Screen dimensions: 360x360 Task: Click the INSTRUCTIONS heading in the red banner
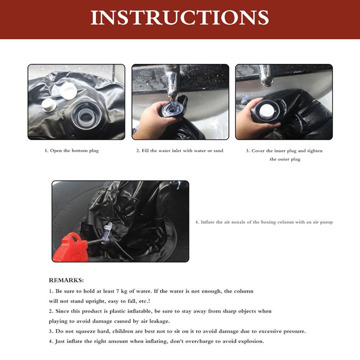pos(180,17)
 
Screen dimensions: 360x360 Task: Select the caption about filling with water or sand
pos(180,151)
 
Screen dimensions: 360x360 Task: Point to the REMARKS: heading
pos(66,280)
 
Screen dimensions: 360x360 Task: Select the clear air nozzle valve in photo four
pos(107,235)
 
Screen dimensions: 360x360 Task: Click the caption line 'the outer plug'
pos(285,159)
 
